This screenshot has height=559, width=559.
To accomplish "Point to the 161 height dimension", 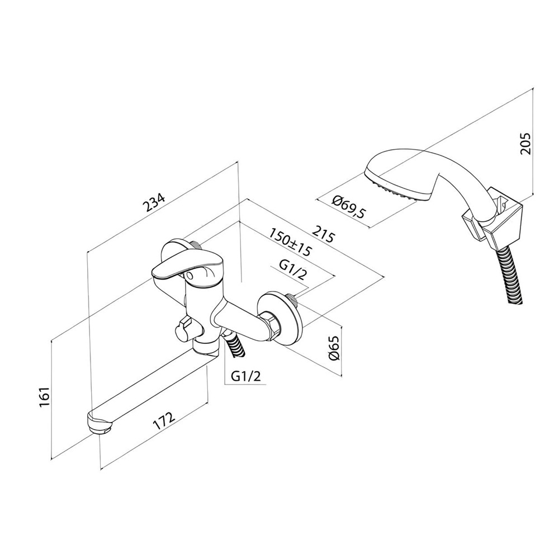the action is [44, 397].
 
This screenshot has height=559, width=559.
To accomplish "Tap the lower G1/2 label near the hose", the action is [245, 376].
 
